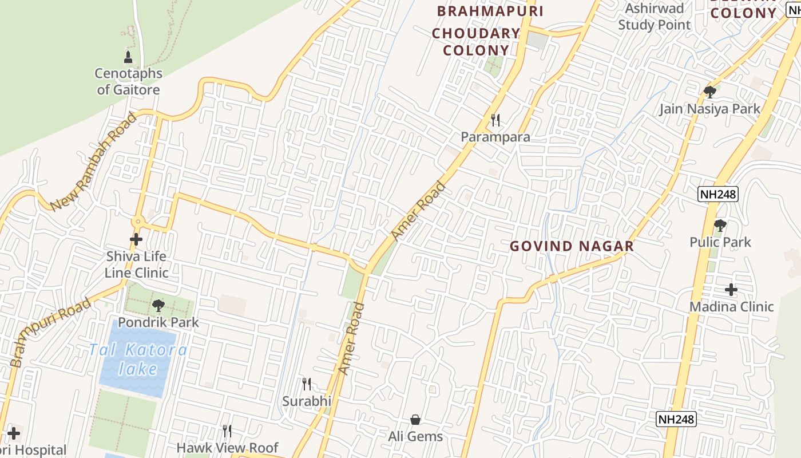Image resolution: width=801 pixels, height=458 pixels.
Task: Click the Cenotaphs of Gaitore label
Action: click(x=128, y=82)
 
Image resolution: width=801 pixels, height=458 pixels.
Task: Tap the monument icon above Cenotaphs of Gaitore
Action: click(x=128, y=57)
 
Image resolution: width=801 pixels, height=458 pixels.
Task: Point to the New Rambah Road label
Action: click(x=94, y=162)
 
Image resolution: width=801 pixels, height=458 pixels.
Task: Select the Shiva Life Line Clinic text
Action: click(x=136, y=264)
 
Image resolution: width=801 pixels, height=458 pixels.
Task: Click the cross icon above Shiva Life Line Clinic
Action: click(x=136, y=239)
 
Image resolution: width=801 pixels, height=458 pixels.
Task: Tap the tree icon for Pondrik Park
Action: click(x=158, y=306)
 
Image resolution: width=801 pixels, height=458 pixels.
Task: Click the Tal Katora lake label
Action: click(x=138, y=359)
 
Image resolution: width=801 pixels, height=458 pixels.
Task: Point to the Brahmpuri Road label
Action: click(x=50, y=332)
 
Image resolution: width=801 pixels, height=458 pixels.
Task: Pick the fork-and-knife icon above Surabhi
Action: click(x=307, y=384)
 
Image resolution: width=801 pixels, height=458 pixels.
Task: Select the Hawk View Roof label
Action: click(x=227, y=448)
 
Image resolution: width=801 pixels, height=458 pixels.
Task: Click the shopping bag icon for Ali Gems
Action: click(x=415, y=420)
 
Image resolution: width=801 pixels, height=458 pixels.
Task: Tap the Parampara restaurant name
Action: click(x=495, y=137)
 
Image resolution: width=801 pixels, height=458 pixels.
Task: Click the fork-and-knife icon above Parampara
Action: click(x=495, y=120)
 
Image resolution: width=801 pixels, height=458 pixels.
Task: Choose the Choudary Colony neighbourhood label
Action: click(x=475, y=42)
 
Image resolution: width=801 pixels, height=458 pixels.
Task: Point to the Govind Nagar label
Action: click(x=572, y=247)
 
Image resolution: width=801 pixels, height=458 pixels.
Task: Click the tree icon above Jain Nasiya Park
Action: click(x=710, y=92)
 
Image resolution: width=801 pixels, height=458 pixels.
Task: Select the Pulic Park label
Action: click(x=720, y=242)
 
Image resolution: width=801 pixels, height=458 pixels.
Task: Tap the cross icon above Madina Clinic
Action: click(x=731, y=290)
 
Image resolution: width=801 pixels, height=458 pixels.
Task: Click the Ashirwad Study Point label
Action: click(x=655, y=17)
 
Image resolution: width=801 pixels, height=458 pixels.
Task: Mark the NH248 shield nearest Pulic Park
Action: click(x=718, y=194)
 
